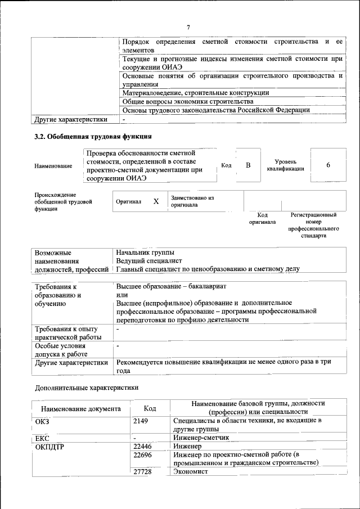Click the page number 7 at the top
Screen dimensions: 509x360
188,28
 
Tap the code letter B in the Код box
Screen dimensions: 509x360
248,165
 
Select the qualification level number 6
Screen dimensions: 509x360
328,165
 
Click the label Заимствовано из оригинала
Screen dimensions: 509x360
192,201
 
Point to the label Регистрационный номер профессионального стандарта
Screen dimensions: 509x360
313,226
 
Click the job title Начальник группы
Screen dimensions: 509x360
145,253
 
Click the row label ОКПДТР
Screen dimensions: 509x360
50,446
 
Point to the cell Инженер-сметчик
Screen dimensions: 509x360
201,437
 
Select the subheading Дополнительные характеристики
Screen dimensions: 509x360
86,388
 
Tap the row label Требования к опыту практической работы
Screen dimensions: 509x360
67,332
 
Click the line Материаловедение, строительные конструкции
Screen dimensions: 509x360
195,92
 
